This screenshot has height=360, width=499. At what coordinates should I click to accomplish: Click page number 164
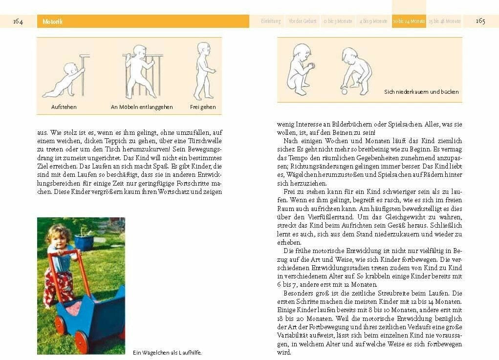[x=18, y=21]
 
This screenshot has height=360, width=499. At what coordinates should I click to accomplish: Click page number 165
[x=480, y=21]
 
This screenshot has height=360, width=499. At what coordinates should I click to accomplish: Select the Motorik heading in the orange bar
[x=52, y=21]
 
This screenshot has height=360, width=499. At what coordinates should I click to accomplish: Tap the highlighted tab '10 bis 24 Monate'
[x=409, y=21]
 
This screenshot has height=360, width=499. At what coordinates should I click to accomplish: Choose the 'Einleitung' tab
[x=271, y=21]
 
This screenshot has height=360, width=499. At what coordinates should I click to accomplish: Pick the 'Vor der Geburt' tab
[x=303, y=21]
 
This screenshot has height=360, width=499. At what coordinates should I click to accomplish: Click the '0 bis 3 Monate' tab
[x=338, y=21]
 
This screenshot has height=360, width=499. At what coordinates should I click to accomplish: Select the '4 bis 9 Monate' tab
[x=373, y=21]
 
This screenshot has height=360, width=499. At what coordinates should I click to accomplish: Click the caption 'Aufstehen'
[x=64, y=107]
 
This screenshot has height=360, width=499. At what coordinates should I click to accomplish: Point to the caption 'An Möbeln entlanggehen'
[x=142, y=107]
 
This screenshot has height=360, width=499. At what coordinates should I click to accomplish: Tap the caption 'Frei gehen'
[x=203, y=107]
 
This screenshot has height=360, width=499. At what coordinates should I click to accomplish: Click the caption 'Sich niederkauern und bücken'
[x=421, y=92]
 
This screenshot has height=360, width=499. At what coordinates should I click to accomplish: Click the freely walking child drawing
[x=203, y=71]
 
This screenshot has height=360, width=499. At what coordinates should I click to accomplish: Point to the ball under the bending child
[x=345, y=91]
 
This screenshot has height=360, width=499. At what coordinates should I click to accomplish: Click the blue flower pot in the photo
[x=84, y=242]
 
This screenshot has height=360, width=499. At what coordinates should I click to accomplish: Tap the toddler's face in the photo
[x=57, y=238]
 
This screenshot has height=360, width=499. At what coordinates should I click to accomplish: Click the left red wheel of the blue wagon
[x=60, y=325]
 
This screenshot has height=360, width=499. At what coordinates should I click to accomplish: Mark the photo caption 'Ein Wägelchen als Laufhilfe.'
[x=167, y=352]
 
